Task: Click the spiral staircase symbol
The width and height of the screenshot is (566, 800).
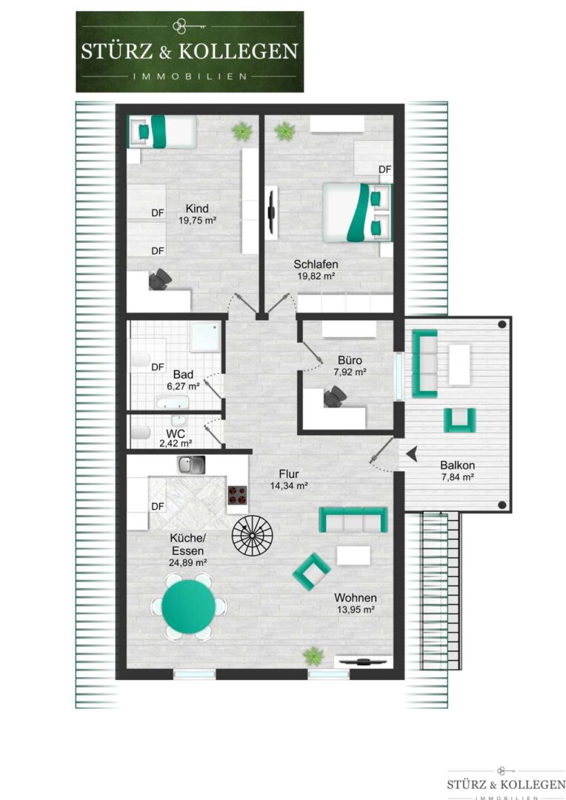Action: click(x=252, y=535)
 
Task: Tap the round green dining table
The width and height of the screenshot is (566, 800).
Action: click(x=188, y=606)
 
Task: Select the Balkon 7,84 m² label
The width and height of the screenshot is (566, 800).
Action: click(x=457, y=471)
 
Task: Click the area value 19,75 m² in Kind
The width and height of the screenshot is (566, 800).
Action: click(x=197, y=221)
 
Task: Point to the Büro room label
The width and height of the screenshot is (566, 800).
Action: click(x=350, y=360)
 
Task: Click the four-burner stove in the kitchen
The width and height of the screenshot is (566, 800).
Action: click(x=237, y=494)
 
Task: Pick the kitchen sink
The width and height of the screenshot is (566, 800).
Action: click(x=191, y=464)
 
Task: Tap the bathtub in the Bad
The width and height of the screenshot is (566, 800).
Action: click(x=173, y=403)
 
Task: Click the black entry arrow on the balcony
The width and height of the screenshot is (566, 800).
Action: click(x=412, y=453)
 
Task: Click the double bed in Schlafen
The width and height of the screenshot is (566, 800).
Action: click(x=357, y=212)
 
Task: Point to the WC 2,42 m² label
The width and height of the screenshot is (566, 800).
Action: click(x=175, y=439)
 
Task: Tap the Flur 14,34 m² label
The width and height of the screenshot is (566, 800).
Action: click(x=288, y=479)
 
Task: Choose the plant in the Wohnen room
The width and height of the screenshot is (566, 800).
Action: click(x=313, y=656)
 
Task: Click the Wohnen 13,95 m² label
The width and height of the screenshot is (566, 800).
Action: click(x=355, y=603)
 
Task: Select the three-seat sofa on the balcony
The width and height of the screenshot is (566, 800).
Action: click(x=424, y=363)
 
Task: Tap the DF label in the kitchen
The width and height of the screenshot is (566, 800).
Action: click(x=158, y=506)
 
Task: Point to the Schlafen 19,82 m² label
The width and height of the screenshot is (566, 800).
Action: click(x=316, y=270)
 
